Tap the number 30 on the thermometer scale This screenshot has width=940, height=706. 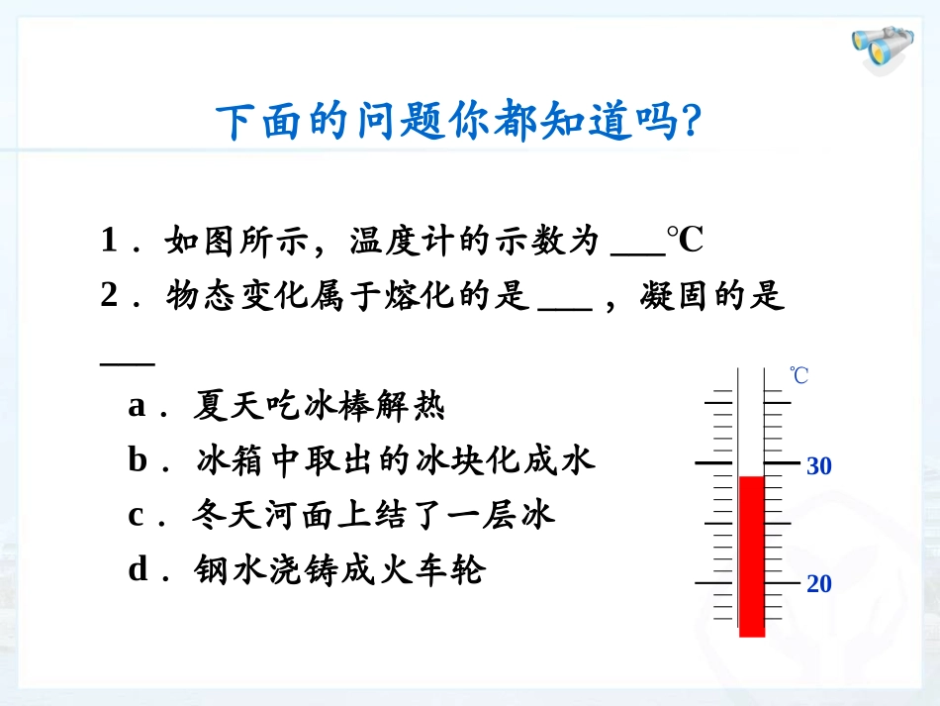coord(818,465)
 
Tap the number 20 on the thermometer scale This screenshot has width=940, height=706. coord(818,584)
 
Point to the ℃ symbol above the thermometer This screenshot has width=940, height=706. coord(799,376)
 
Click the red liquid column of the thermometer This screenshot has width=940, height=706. coord(752,555)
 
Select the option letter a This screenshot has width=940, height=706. coord(139,406)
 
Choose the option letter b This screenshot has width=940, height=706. coord(139,460)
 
